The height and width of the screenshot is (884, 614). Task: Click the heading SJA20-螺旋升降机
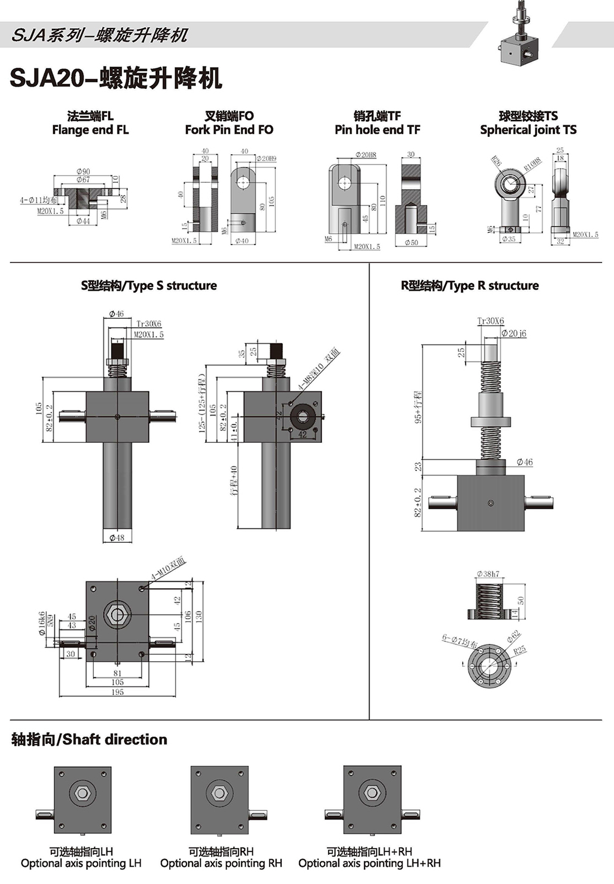116,79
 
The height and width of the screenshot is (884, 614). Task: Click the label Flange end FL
90,130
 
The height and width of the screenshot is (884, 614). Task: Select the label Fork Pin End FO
229,130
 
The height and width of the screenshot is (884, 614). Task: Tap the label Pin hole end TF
377,130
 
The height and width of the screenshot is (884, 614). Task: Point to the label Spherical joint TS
528,130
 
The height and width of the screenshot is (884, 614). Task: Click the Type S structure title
148,286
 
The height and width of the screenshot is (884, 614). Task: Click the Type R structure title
469,286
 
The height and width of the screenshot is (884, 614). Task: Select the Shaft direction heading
89,739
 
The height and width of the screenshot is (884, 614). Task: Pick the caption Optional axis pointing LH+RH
370,863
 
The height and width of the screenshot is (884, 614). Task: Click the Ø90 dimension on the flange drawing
84,171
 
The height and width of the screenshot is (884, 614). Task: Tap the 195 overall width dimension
117,692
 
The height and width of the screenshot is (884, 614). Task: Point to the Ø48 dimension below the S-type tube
117,538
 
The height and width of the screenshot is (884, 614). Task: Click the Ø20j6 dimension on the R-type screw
514,333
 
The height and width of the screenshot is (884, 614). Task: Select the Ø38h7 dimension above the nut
488,574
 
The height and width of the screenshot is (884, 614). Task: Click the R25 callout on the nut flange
520,650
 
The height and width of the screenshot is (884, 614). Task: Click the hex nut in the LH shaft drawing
83,793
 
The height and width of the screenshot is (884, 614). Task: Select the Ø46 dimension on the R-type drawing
525,462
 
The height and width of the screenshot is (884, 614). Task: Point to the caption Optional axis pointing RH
221,863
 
